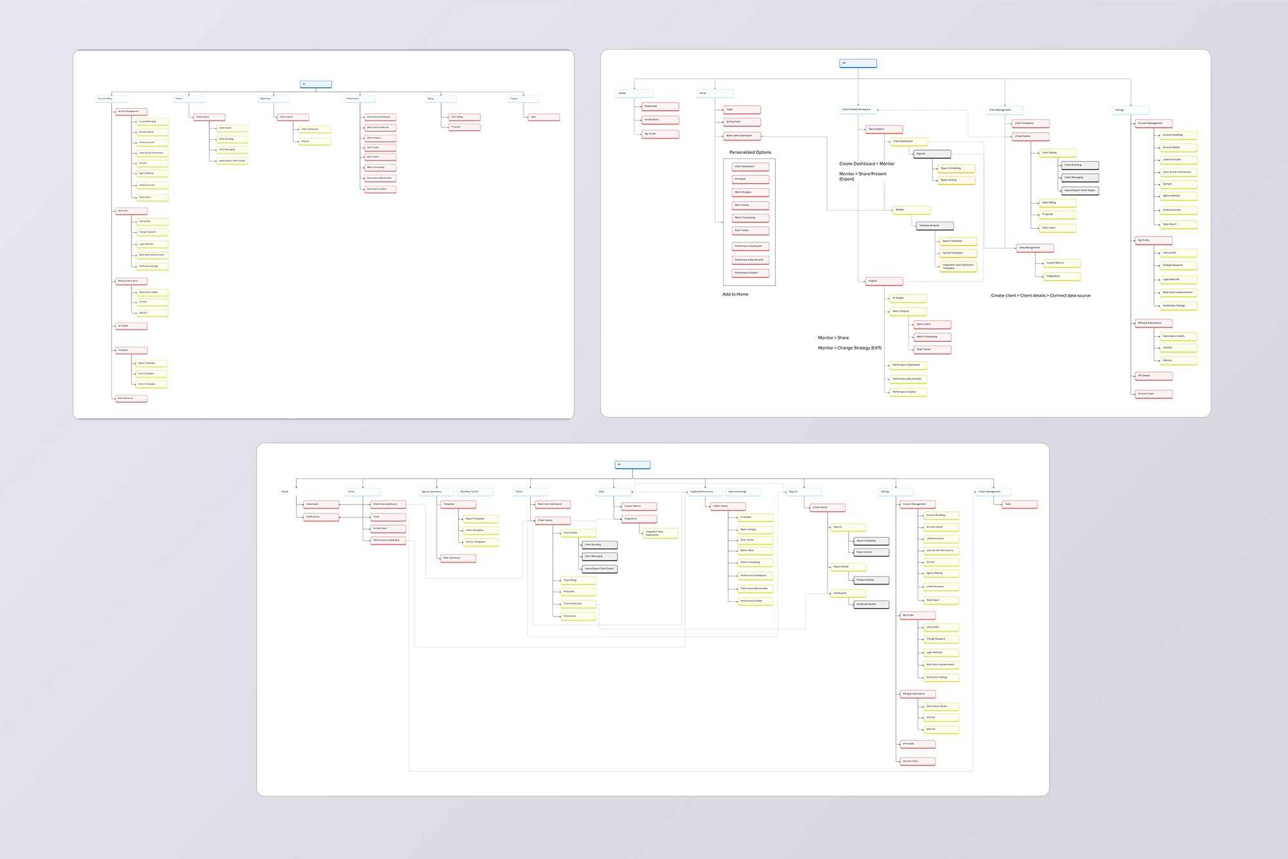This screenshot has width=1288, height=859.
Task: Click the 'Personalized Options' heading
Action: [x=750, y=153]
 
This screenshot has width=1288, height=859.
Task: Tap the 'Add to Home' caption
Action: [x=735, y=294]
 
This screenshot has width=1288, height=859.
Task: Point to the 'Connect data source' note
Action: [x=1041, y=296]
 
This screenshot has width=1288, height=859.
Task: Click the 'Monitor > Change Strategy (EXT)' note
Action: [x=849, y=348]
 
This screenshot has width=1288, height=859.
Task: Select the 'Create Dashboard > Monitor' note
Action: [x=866, y=164]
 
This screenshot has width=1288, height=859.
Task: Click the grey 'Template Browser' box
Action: [x=934, y=226]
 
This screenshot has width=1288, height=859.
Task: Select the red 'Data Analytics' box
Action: [x=884, y=129]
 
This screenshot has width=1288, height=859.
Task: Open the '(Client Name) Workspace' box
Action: [x=858, y=110]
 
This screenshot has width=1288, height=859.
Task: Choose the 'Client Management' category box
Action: [x=1004, y=110]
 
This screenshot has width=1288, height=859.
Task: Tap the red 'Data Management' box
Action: [x=1035, y=247]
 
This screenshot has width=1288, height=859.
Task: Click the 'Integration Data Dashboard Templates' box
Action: [x=958, y=265]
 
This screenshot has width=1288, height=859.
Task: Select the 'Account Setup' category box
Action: [x=111, y=99]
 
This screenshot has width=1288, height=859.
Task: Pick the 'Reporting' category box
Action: [x=273, y=99]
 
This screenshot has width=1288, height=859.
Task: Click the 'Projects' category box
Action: [x=523, y=99]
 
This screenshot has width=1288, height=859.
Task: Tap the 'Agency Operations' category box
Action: [x=437, y=492]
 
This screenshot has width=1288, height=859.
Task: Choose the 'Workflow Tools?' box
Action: [x=475, y=492]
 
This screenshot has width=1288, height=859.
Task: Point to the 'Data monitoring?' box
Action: [x=743, y=492]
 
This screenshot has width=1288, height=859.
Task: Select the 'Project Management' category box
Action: [x=993, y=492]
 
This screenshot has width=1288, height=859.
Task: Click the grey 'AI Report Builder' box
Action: [x=871, y=580]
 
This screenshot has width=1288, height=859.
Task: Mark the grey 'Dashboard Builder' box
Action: [x=871, y=604]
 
